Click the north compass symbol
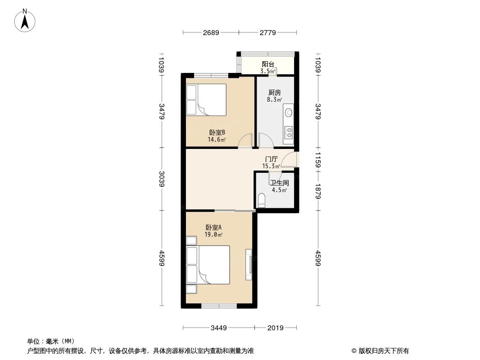point(26,20)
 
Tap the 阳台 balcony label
point(268,64)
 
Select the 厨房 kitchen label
point(274,93)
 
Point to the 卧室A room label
point(213,227)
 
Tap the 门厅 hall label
point(271,159)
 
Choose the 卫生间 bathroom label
point(279,183)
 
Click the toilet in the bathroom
point(262,201)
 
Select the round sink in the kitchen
point(288,112)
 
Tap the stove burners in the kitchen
point(288,132)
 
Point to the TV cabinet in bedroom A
point(248,264)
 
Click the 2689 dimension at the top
point(211,32)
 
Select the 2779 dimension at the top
point(268,32)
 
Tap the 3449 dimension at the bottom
point(219,328)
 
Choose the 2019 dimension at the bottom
point(275,328)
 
